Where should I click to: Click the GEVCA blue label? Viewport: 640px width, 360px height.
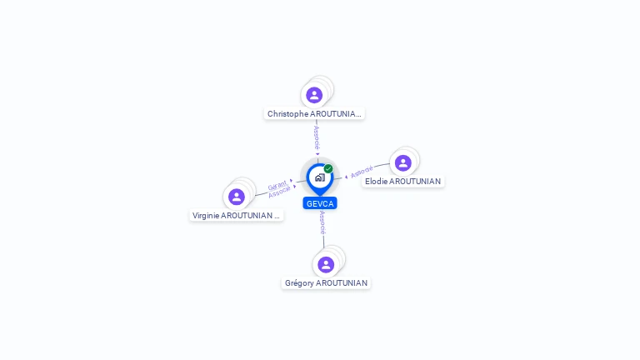[320, 203]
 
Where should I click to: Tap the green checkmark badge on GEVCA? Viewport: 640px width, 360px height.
[328, 168]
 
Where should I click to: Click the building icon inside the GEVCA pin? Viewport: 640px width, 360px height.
[320, 177]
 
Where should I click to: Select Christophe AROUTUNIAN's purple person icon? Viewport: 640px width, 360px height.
[314, 95]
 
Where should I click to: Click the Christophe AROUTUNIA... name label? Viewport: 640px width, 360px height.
[314, 114]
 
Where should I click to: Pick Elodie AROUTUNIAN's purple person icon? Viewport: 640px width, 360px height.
[403, 162]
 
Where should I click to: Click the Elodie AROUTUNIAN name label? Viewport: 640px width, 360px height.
[402, 181]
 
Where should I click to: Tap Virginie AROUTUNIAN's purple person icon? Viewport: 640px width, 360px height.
[237, 197]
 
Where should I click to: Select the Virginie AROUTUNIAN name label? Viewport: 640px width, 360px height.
[237, 216]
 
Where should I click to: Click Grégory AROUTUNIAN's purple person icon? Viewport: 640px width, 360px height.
[326, 264]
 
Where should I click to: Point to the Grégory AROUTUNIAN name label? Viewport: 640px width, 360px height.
[326, 282]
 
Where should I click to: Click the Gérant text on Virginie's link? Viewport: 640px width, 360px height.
[277, 185]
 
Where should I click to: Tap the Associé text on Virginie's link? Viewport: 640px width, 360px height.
[279, 192]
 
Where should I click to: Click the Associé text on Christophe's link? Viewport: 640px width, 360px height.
[317, 137]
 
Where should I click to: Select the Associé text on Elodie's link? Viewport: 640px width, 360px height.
[362, 172]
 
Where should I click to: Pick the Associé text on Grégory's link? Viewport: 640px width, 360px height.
[322, 222]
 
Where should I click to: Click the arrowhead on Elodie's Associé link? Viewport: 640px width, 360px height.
[346, 177]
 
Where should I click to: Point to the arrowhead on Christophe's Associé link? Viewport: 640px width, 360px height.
[317, 154]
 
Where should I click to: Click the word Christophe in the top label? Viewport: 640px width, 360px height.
[287, 114]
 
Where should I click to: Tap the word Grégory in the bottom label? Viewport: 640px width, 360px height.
[299, 283]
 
